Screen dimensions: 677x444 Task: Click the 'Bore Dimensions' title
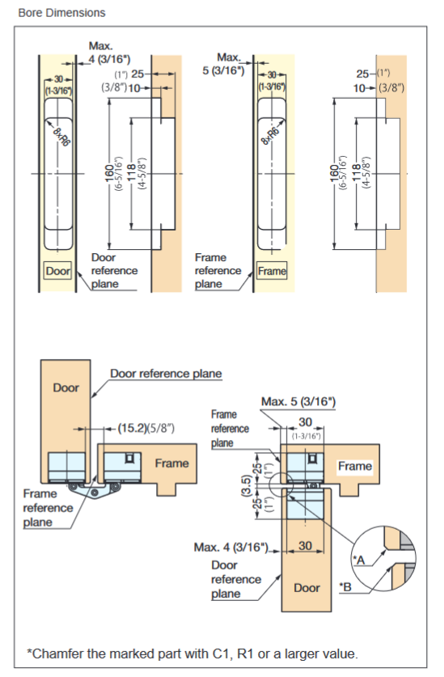tap(53, 13)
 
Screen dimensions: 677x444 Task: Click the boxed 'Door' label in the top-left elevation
tap(57, 271)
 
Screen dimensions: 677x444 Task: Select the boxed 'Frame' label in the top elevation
tap(273, 271)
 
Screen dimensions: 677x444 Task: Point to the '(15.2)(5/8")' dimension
tap(146, 427)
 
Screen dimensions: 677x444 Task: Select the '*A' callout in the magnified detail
tap(360, 558)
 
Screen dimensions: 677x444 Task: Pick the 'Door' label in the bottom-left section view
tap(66, 387)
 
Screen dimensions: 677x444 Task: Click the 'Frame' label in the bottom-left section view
tap(171, 463)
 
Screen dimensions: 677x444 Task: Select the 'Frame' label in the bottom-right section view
tap(354, 466)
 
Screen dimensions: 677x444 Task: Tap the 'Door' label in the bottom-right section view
tap(307, 587)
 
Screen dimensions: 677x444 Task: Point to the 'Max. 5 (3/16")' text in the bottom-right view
tap(298, 402)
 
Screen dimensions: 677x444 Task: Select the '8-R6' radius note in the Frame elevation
tap(273, 133)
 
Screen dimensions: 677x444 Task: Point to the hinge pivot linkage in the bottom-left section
tap(90, 489)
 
